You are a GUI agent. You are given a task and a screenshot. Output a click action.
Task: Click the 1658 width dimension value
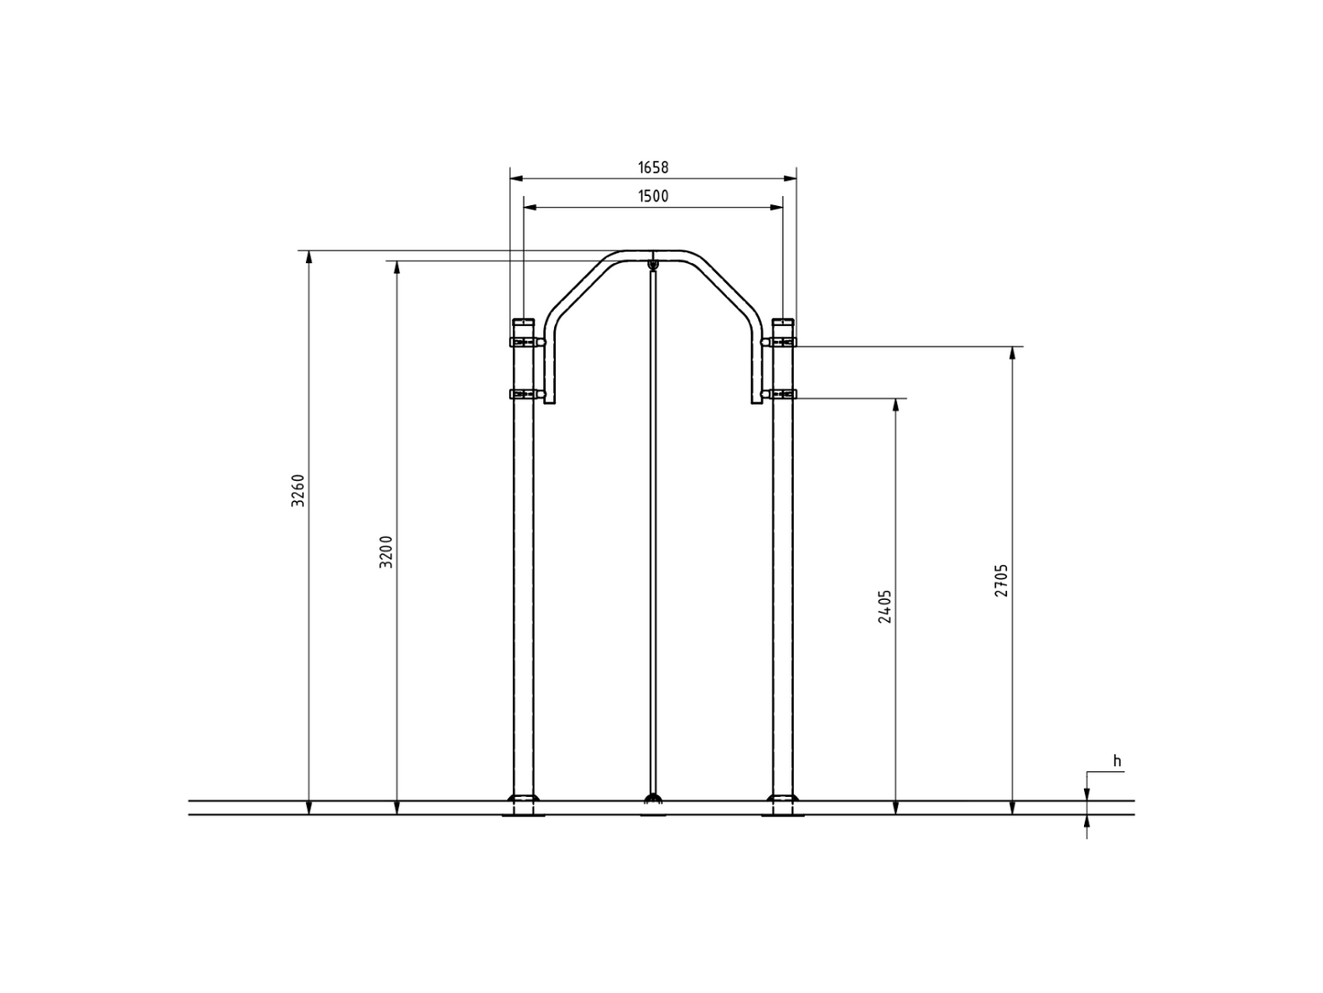pos(653,168)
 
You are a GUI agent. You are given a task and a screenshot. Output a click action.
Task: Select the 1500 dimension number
pos(653,197)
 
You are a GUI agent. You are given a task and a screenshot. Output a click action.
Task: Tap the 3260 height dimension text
pos(298,490)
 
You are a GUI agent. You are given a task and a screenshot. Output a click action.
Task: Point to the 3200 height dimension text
pos(385,551)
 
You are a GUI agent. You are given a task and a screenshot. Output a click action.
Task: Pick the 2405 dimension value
pos(884,606)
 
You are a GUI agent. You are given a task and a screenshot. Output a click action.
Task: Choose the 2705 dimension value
pos(1001,581)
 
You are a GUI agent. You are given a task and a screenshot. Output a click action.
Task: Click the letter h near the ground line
pos(1117,761)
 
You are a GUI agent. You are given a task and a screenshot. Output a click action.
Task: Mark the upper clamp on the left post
pos(527,342)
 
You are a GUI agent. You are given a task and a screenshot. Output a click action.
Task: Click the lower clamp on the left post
pos(527,394)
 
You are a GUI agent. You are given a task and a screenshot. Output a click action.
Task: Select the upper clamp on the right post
pos(778,342)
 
